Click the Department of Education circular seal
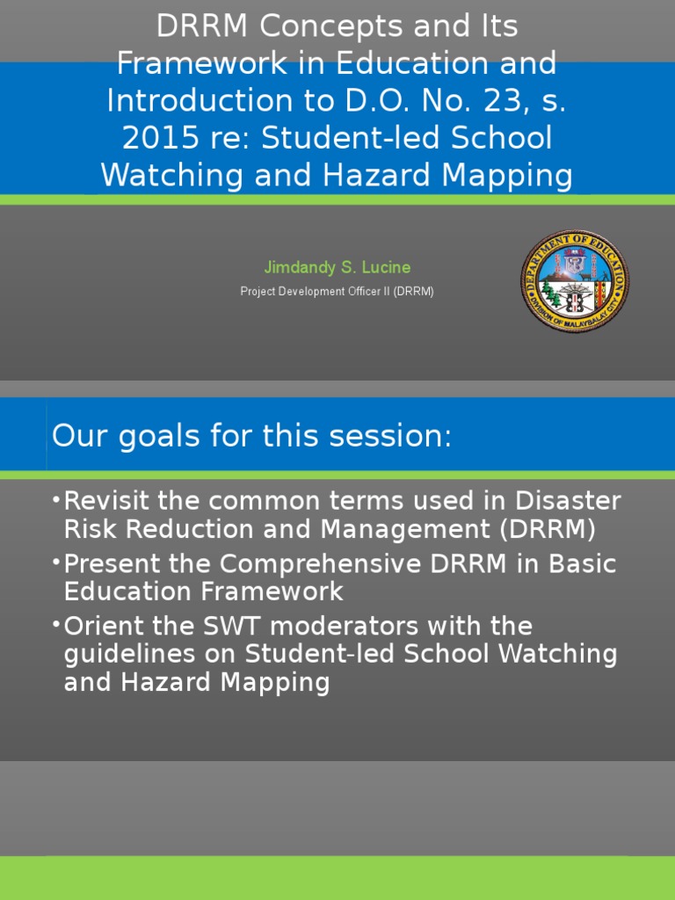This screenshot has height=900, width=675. pos(575,280)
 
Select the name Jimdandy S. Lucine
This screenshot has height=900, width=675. pos(337,267)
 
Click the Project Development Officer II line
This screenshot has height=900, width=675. pos(337,291)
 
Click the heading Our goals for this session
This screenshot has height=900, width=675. pos(251,436)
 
